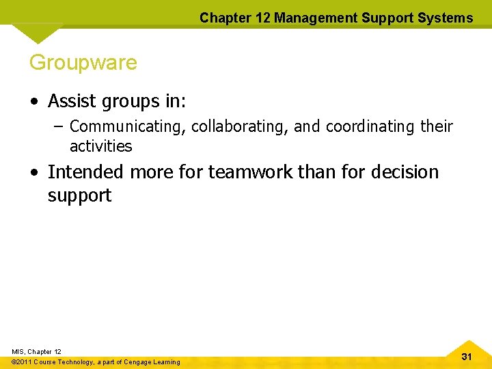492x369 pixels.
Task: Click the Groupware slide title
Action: pyautogui.click(x=83, y=63)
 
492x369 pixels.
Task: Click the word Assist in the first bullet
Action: pyautogui.click(x=72, y=101)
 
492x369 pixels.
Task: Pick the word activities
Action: pyautogui.click(x=100, y=146)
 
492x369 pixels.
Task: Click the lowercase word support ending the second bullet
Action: pyautogui.click(x=79, y=196)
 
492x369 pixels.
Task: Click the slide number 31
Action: pyautogui.click(x=467, y=357)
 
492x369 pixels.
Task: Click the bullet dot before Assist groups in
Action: pyautogui.click(x=33, y=102)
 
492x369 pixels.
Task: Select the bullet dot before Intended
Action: pyautogui.click(x=33, y=172)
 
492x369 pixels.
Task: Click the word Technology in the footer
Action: pyautogui.click(x=76, y=361)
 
